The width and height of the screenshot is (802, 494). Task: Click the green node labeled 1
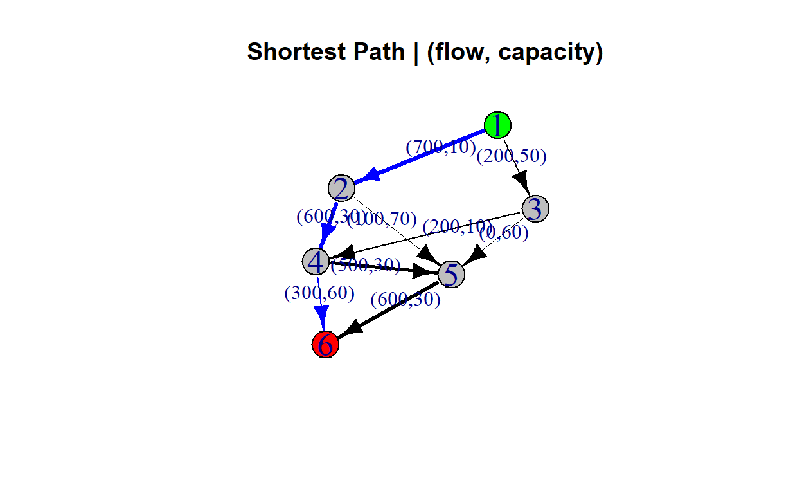[x=497, y=125]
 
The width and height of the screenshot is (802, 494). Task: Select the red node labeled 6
[x=325, y=345]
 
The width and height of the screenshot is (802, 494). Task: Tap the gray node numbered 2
[x=341, y=188]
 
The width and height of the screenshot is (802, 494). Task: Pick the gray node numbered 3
[x=535, y=209]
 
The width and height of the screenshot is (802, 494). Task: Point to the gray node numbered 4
[x=315, y=261]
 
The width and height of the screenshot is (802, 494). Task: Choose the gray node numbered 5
[x=451, y=275]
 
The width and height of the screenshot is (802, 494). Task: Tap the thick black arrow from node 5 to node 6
[x=392, y=308]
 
